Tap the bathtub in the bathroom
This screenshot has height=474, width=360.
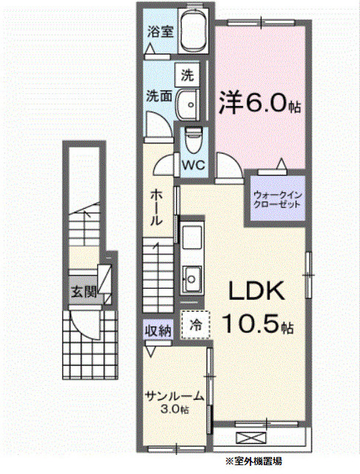coord(193,31)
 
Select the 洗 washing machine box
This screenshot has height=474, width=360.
coord(187,74)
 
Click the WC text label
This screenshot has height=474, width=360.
coord(193,163)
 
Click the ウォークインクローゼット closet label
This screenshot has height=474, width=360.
coord(277,198)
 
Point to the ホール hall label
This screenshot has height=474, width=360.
coord(157,207)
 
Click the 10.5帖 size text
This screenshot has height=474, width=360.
coord(257,324)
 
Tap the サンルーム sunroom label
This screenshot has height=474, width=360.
coord(173,395)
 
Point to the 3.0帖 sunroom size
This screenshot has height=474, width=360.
coord(174,409)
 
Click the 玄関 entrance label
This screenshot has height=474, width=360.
coord(84,291)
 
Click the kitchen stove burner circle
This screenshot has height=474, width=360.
coord(190,279)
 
